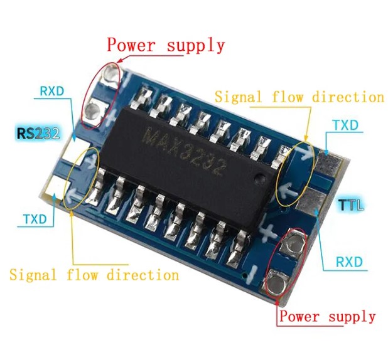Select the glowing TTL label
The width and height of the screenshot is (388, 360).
pyautogui.click(x=350, y=205)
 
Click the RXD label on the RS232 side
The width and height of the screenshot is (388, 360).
pyautogui.click(x=51, y=91)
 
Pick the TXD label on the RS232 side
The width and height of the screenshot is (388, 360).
pyautogui.click(x=36, y=219)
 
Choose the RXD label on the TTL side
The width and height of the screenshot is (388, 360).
pyautogui.click(x=348, y=261)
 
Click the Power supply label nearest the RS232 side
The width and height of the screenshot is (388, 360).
pyautogui.click(x=165, y=45)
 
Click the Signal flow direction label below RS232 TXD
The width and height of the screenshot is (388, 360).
pyautogui.click(x=94, y=275)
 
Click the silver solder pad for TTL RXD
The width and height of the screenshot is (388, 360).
pyautogui.click(x=318, y=200)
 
